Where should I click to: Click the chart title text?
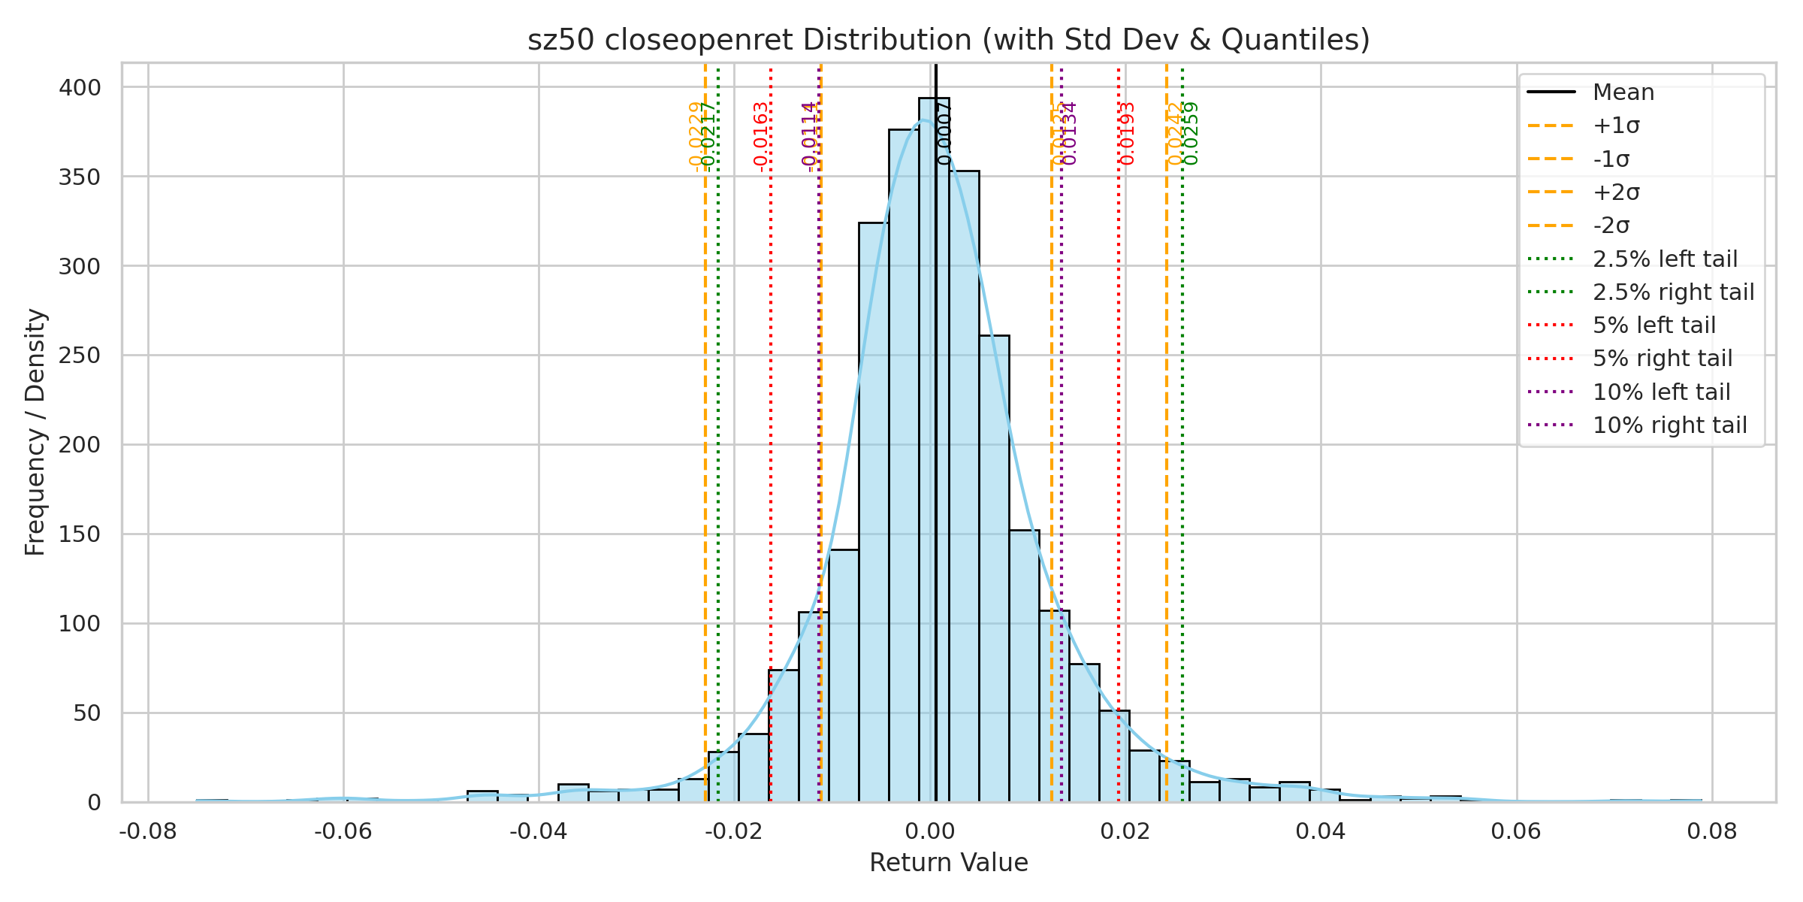[949, 40]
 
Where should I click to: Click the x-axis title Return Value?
[949, 863]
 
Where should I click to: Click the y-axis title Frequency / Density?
[35, 432]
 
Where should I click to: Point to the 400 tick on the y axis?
[80, 88]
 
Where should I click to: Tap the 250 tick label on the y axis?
[80, 356]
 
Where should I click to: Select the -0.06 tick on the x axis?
[343, 831]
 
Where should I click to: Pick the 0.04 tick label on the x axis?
[1321, 831]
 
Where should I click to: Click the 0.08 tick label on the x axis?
[1712, 831]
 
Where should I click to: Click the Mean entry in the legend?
[1623, 92]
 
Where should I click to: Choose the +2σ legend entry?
[1616, 192]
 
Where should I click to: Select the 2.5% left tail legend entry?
[1665, 259]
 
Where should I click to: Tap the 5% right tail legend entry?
[1663, 359]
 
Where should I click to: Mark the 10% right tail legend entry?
[1669, 425]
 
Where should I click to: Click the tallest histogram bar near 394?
[934, 451]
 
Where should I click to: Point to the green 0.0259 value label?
[1191, 133]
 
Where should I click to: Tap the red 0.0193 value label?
[1127, 133]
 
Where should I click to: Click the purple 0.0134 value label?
[1070, 133]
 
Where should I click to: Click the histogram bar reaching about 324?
[874, 511]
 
